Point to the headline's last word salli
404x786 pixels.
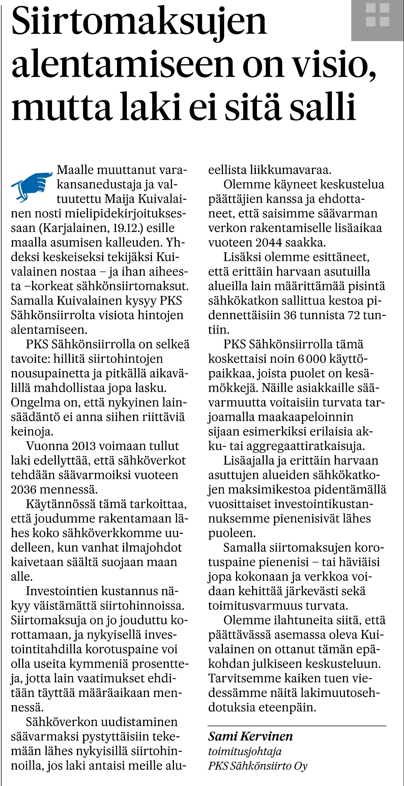[x=322, y=107]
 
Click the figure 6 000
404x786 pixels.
[x=312, y=359]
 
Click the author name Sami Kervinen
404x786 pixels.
[x=250, y=736]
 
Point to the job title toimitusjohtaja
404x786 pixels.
[x=245, y=751]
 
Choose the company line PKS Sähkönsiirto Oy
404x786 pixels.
[x=257, y=766]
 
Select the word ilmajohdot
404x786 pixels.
[x=150, y=548]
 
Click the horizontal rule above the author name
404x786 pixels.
[x=297, y=726]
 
